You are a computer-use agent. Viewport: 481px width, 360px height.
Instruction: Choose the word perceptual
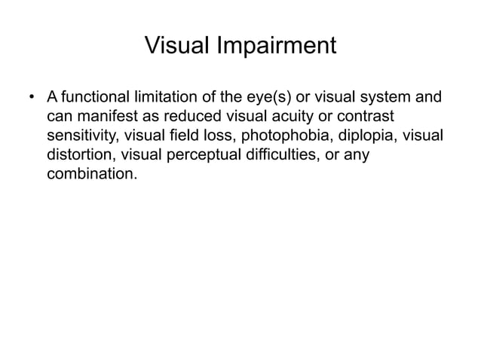click(203, 157)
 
